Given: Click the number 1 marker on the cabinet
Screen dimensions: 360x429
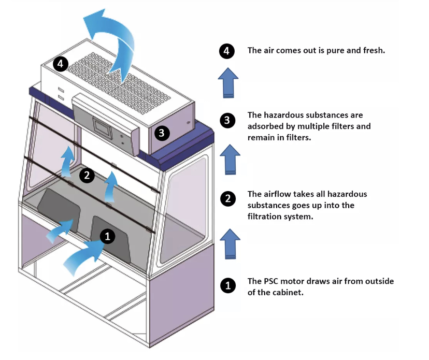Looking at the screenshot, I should point(107,237).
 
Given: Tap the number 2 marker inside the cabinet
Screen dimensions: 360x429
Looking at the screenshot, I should point(87,176).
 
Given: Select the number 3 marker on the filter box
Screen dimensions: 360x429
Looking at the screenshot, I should point(162,133).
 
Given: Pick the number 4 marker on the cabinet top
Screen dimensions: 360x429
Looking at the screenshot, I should point(61,64).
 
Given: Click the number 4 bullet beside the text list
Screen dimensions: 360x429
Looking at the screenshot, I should point(227,51).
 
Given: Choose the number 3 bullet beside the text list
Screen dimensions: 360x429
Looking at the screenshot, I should point(227,121).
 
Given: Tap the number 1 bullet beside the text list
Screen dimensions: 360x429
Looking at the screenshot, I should point(227,285).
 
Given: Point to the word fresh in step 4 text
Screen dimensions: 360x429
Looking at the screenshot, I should point(373,51).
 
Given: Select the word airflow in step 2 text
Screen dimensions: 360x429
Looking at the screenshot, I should point(280,194).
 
